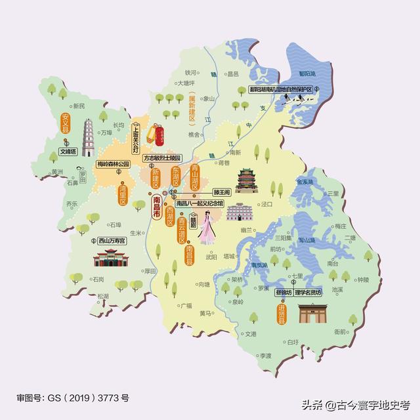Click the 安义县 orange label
pyautogui.click(x=65, y=123)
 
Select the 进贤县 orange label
pyautogui.click(x=282, y=313)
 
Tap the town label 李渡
pyautogui.click(x=264, y=355)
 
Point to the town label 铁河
pyautogui.click(x=191, y=73)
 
